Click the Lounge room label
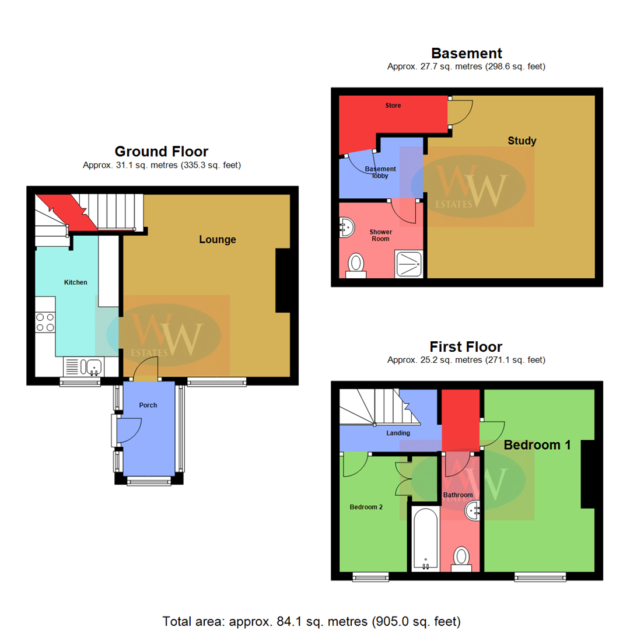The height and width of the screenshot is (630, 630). (x=218, y=239)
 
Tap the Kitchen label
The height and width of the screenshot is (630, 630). (x=75, y=282)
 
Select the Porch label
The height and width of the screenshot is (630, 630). (x=148, y=405)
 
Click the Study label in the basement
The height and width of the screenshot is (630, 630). (x=521, y=141)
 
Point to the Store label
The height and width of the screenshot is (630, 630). (x=392, y=106)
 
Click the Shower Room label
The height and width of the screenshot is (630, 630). (x=381, y=235)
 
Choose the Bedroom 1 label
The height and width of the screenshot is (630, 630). (x=537, y=444)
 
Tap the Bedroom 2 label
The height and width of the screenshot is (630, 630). (x=366, y=507)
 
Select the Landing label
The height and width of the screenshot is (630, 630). (x=398, y=433)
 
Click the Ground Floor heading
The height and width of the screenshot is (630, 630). (x=162, y=152)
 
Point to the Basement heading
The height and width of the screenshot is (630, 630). (x=466, y=54)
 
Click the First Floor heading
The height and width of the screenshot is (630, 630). (x=466, y=346)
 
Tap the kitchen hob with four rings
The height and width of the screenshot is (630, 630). (x=45, y=322)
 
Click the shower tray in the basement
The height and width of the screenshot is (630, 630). (x=409, y=264)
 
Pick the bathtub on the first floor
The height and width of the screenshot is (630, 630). (x=425, y=538)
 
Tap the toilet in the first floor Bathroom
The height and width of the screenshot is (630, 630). (x=461, y=556)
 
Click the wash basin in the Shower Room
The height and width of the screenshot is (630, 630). (x=346, y=228)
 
